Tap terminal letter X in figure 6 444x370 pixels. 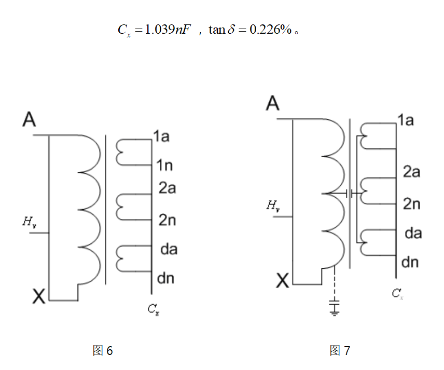pyautogui.click(x=39, y=297)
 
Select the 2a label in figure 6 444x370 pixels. pyautogui.click(x=167, y=188)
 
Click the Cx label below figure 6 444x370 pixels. pyautogui.click(x=153, y=310)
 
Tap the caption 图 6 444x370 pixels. pyautogui.click(x=103, y=351)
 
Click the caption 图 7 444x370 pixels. pyautogui.click(x=340, y=351)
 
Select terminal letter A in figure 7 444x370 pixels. pyautogui.click(x=272, y=103)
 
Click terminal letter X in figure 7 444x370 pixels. pyautogui.click(x=282, y=281)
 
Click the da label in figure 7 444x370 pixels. pyautogui.click(x=413, y=233)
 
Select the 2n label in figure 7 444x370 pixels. pyautogui.click(x=411, y=204)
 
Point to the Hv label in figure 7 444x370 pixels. pyautogui.click(x=273, y=206)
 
